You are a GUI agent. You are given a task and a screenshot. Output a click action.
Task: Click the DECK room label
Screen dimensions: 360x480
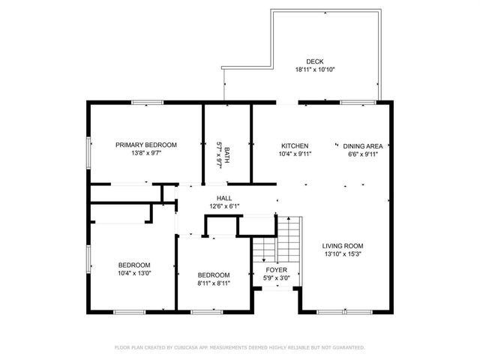pyautogui.click(x=314, y=61)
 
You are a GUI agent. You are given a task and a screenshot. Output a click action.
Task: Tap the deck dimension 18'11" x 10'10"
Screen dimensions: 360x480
pyautogui.click(x=314, y=70)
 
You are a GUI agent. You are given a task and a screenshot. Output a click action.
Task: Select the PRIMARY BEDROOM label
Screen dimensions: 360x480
pyautogui.click(x=145, y=145)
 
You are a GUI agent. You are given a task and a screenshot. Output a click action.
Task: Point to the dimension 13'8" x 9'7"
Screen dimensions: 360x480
pyautogui.click(x=145, y=153)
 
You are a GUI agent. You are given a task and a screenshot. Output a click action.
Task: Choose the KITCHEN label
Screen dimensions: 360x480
pyautogui.click(x=295, y=145)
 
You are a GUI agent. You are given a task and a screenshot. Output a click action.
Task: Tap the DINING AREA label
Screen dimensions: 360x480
pyautogui.click(x=363, y=145)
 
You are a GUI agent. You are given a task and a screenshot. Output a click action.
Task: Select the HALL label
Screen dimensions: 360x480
pyautogui.click(x=224, y=199)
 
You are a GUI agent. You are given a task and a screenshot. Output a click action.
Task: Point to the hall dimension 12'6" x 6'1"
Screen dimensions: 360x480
pyautogui.click(x=224, y=207)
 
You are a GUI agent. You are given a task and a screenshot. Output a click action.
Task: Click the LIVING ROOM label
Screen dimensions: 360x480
pyautogui.click(x=343, y=246)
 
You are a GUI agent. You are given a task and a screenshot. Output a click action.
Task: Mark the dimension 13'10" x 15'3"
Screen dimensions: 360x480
pyautogui.click(x=343, y=254)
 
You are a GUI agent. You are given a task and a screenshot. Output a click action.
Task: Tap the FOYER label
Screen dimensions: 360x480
pyautogui.click(x=277, y=270)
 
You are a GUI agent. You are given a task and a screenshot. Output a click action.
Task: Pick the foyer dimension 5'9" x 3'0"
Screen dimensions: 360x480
pyautogui.click(x=277, y=278)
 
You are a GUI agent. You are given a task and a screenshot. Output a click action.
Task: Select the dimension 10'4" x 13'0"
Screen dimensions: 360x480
pyautogui.click(x=134, y=273)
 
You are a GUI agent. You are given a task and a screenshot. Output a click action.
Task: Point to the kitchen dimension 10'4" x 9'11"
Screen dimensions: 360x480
pyautogui.click(x=295, y=154)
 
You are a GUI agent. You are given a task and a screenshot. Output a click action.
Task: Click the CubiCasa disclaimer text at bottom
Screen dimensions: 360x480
pyautogui.click(x=239, y=347)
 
